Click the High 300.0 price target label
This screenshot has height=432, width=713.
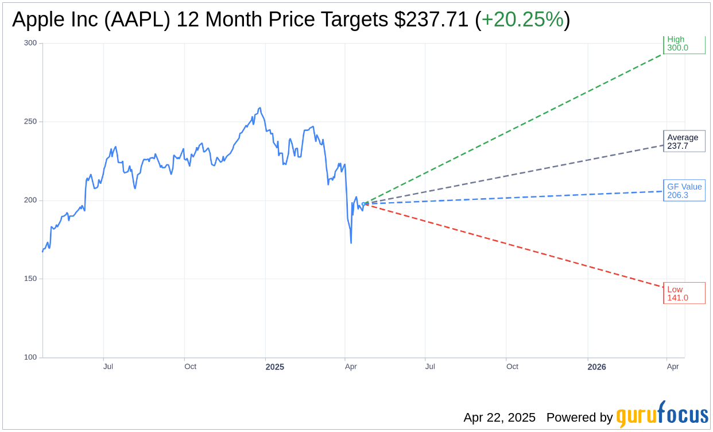(684, 44)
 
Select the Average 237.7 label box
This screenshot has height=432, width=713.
(684, 141)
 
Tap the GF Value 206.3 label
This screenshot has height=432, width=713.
(684, 191)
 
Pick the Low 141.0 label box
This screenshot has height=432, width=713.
(684, 294)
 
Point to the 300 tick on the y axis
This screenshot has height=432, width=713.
(30, 43)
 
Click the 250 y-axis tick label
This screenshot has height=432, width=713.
(30, 122)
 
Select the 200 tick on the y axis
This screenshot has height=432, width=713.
(30, 200)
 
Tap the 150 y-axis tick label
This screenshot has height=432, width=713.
(30, 279)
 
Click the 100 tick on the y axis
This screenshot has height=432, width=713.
(30, 357)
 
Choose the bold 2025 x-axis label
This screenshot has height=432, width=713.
(274, 367)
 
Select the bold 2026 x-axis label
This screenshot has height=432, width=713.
(597, 367)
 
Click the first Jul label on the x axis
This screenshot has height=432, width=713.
(108, 367)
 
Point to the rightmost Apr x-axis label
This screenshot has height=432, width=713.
(673, 367)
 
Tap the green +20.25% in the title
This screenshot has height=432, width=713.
(522, 20)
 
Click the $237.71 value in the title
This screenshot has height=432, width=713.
(431, 20)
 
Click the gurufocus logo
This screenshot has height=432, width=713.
(662, 415)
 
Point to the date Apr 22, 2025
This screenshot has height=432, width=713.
(499, 418)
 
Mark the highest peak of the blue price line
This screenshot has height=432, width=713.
(260, 108)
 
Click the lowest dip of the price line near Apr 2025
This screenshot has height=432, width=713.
(351, 242)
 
